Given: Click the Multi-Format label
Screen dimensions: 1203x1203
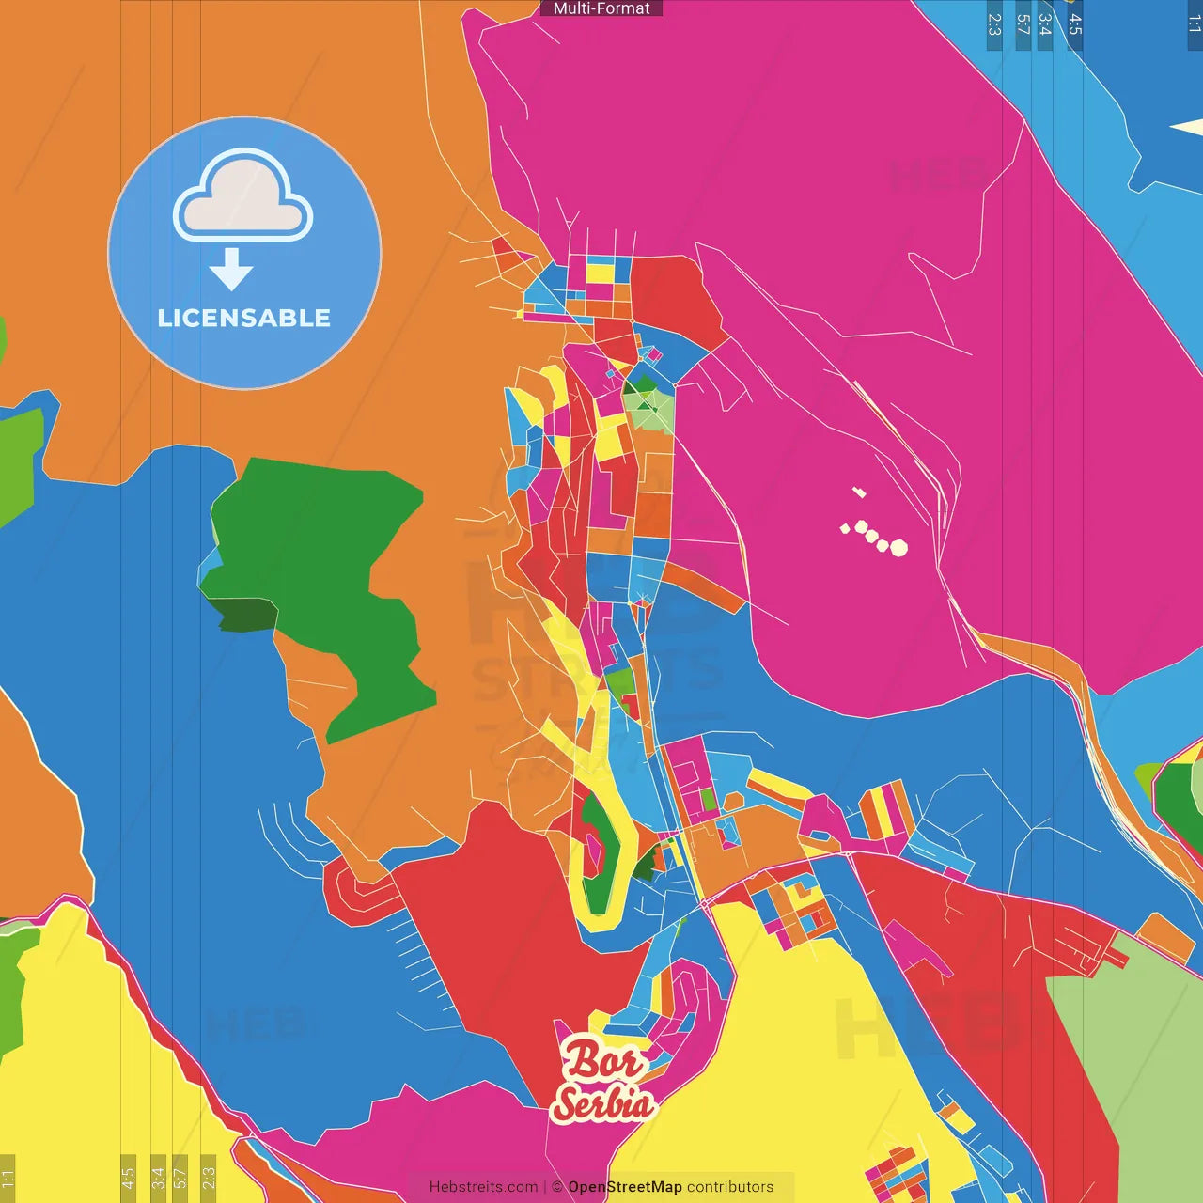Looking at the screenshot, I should click(x=601, y=8).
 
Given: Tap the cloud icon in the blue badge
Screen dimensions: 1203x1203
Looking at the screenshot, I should click(x=243, y=195).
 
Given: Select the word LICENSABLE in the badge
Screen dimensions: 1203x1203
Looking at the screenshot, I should click(x=244, y=319).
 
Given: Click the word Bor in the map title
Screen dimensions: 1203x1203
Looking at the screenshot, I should click(x=602, y=1061).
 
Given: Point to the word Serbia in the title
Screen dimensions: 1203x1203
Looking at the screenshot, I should click(x=602, y=1102).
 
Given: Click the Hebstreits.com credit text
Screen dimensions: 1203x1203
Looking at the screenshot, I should click(x=483, y=1187).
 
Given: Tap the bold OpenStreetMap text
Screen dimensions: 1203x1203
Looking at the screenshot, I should click(x=625, y=1187).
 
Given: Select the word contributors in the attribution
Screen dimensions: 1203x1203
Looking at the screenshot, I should click(x=730, y=1187).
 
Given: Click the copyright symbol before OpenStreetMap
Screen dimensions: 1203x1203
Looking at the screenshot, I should click(x=557, y=1187).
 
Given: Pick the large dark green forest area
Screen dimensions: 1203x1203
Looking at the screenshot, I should click(x=320, y=555).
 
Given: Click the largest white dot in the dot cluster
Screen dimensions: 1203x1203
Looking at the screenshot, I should click(x=898, y=547).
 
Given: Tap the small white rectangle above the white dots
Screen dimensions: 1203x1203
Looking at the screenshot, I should click(x=858, y=492).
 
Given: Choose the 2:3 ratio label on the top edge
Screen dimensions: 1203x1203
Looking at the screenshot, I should click(x=994, y=24).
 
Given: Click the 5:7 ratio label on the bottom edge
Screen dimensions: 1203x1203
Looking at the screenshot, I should click(x=180, y=1176).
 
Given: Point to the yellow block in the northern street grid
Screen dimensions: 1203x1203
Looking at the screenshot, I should click(x=600, y=273).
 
